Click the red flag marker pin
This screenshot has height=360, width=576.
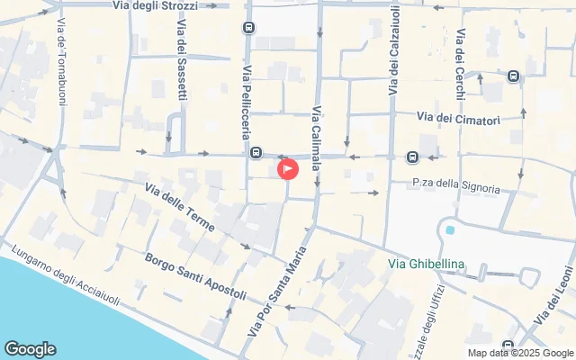287,168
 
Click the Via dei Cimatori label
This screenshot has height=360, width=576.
458,118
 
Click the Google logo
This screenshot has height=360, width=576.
30,349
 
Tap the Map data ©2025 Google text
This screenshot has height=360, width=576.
520,353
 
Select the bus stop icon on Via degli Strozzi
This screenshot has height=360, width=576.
247,28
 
